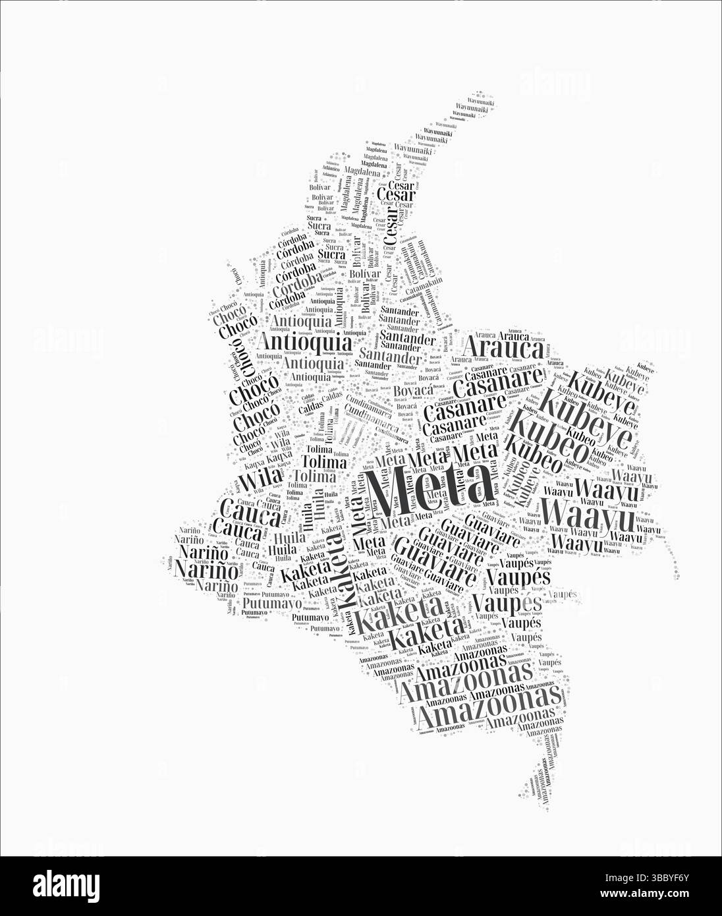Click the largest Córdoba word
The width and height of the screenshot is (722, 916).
point(296,272)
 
